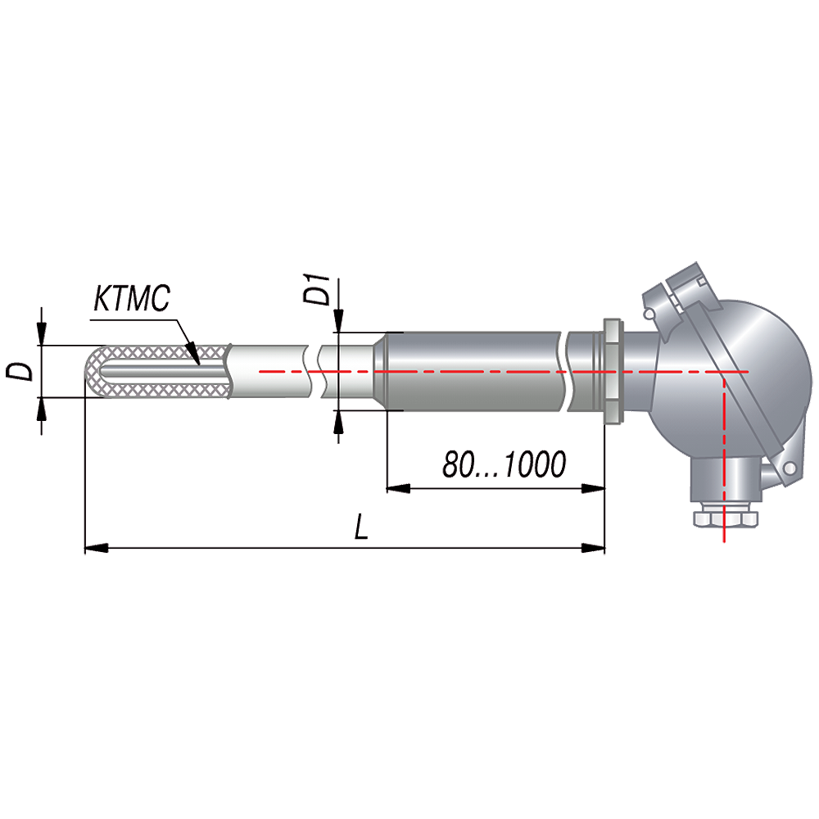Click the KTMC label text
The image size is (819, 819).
coord(132,298)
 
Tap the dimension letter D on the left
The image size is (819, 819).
coord(20,371)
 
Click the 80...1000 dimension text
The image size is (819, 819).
coord(504,464)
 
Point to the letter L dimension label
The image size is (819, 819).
coord(361,526)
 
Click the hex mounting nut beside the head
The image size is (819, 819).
coord(612,371)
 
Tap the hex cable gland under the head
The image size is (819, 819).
coord(725,518)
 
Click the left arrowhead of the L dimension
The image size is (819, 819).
coord(96,548)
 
